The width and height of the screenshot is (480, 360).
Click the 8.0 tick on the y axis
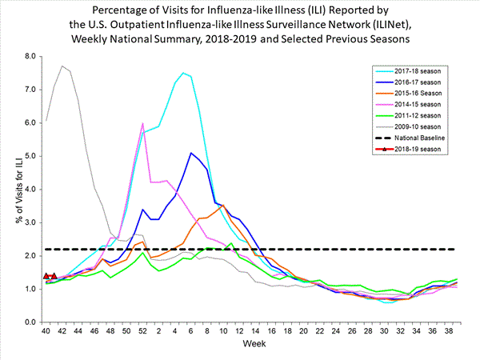pos(31,57)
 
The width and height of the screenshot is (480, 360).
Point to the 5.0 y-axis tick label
pos(31,156)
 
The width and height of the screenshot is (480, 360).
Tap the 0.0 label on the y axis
pos(31,322)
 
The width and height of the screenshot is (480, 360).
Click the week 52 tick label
pos(142,330)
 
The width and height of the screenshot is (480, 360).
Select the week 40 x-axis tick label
pos(46,330)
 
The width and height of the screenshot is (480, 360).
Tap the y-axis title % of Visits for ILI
pos(10,189)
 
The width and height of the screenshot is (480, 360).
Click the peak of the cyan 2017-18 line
pos(183,73)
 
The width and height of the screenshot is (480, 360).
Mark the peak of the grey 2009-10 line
pos(62,66)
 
